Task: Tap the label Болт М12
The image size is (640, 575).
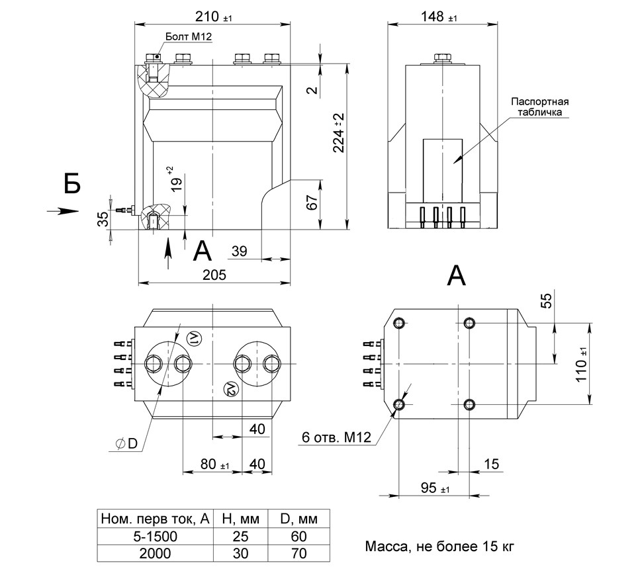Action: click(189, 38)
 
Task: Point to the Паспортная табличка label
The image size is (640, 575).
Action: click(540, 107)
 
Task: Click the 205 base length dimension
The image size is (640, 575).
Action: click(214, 275)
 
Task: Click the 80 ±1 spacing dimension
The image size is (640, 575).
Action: click(213, 464)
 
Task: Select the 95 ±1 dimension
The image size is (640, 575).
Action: click(435, 488)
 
